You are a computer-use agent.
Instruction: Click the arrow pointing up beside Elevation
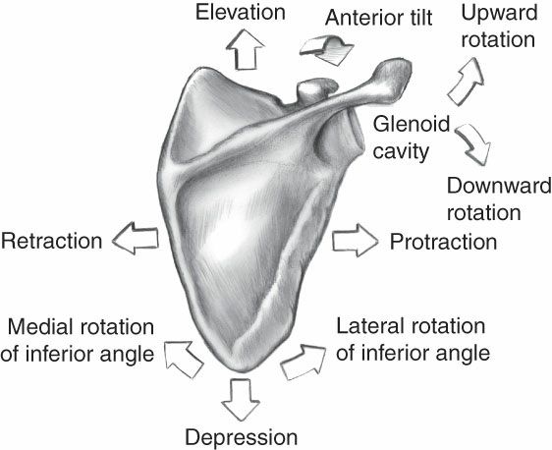(x=246, y=49)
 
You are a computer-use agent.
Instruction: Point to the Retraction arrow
(x=133, y=239)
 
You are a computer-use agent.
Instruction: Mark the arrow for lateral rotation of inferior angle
(x=303, y=361)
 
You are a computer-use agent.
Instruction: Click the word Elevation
(x=240, y=13)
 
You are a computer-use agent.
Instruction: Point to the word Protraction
(x=443, y=240)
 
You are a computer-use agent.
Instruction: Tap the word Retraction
(x=52, y=240)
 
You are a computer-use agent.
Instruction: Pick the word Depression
(x=240, y=435)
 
